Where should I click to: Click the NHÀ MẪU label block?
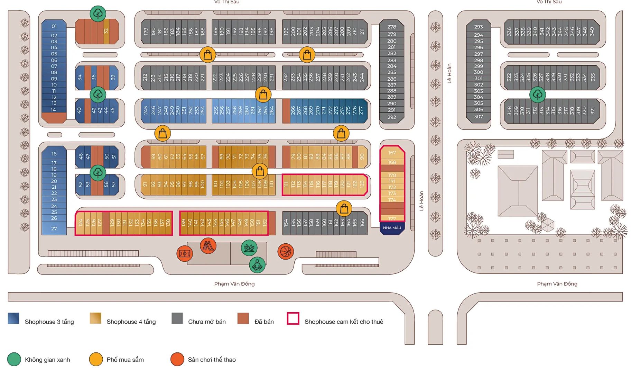click(x=392, y=228)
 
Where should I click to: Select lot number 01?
click(x=54, y=26)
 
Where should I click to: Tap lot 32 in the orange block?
click(x=106, y=31)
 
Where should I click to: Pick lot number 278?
click(x=391, y=27)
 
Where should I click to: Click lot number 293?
click(x=478, y=27)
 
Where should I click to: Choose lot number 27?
click(x=54, y=228)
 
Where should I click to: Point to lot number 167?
click(x=392, y=153)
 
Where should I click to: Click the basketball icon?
click(x=286, y=251)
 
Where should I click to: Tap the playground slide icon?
click(x=208, y=246)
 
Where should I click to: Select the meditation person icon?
click(x=257, y=265)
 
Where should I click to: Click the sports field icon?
click(x=185, y=253)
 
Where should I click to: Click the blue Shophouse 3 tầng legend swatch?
click(x=13, y=318)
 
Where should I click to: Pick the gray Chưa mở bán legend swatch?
click(x=177, y=318)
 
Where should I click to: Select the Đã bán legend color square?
click(x=243, y=318)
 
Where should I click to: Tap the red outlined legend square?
click(x=293, y=318)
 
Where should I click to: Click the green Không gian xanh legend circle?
click(x=14, y=359)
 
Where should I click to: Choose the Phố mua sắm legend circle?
click(x=96, y=359)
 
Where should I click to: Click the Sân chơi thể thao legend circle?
click(x=177, y=359)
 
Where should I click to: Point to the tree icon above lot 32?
click(x=98, y=14)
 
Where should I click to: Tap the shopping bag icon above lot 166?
click(x=344, y=208)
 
